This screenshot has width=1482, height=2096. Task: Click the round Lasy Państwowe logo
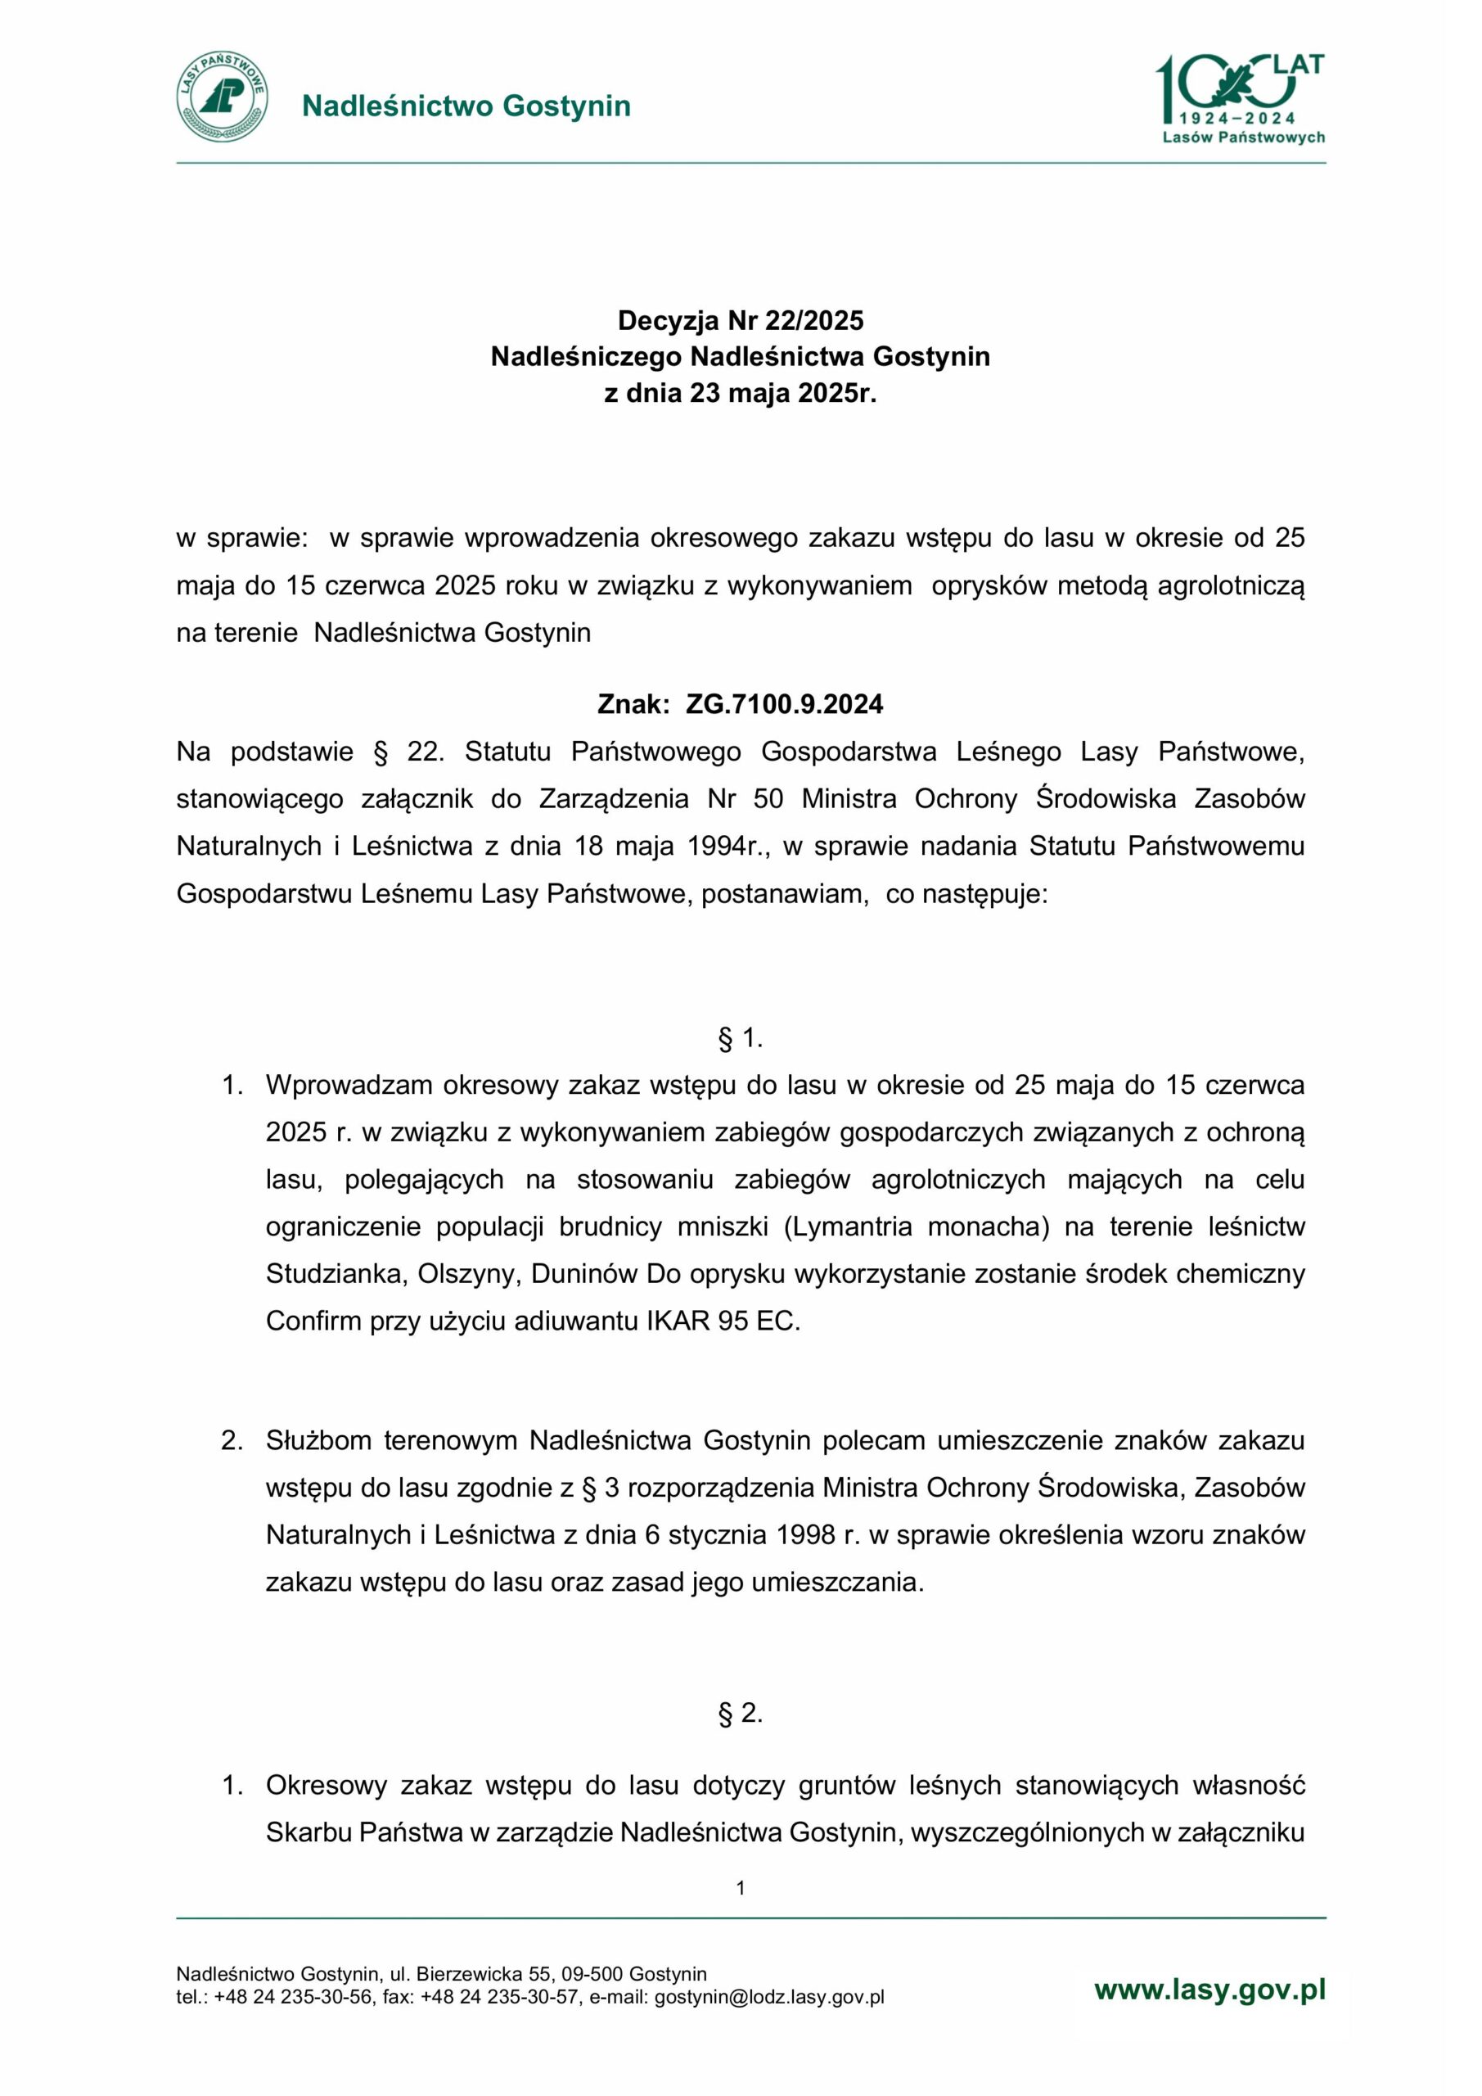223,96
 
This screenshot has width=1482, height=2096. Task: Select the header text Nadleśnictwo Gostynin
466,106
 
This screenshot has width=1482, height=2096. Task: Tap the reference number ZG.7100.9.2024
784,704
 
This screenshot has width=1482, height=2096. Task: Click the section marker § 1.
740,1038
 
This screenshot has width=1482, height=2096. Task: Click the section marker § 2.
740,1714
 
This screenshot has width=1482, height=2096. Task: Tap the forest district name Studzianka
334,1273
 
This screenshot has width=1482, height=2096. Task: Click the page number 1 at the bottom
740,1888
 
